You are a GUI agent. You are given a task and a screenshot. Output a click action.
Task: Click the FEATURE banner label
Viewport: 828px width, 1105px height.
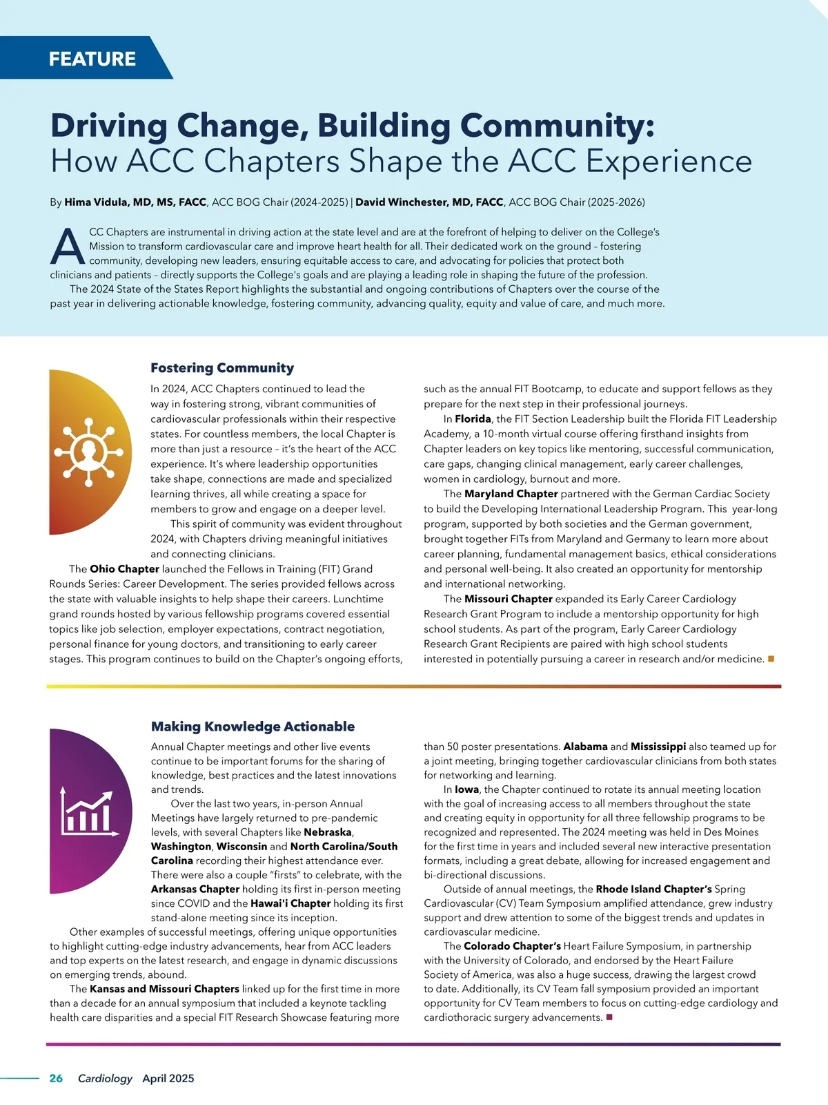tap(92, 59)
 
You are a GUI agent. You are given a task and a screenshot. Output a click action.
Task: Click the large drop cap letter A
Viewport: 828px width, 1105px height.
tap(68, 247)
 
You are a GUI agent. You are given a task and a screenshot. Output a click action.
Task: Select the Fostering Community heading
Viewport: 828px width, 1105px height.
tap(222, 368)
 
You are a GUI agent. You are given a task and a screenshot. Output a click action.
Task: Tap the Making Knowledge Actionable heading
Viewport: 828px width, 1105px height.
tap(253, 727)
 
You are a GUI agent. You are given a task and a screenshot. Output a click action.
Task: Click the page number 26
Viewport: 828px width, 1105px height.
tap(56, 1078)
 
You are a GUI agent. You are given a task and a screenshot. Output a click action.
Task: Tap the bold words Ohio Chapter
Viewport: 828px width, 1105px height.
tap(124, 569)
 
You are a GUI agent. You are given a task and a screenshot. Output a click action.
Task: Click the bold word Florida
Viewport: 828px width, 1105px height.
tap(473, 419)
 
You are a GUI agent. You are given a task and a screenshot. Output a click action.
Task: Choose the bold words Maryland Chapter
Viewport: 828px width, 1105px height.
tap(511, 494)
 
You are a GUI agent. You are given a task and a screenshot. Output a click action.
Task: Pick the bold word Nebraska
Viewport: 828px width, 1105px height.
tap(328, 832)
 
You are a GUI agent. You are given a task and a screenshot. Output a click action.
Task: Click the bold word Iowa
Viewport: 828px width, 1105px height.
tap(466, 789)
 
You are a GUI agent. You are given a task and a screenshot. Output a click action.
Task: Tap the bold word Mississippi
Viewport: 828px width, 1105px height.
tap(658, 747)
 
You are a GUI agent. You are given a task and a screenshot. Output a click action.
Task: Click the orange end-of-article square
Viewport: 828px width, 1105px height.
tap(771, 659)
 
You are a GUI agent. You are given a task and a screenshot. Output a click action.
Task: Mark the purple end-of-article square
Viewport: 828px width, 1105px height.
tap(609, 1017)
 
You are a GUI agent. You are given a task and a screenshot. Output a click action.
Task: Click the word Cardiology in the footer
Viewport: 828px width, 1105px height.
tap(105, 1078)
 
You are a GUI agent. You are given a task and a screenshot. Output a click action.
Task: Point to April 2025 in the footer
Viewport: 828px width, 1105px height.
tap(168, 1078)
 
